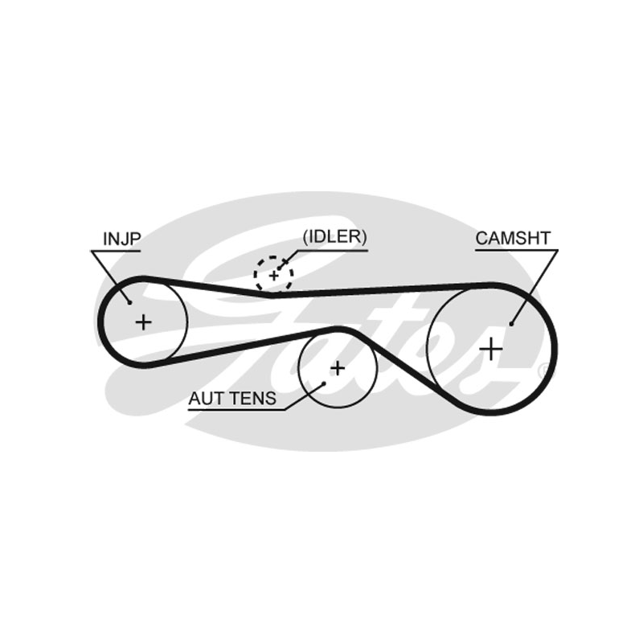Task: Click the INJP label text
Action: pos(122,239)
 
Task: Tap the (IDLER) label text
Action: pos(334,236)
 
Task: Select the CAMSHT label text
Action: pos(513,238)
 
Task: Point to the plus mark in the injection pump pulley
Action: pos(143,322)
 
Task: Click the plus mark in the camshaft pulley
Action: pos(491,350)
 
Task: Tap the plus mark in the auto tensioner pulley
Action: pos(338,368)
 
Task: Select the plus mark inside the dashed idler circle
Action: pos(273,276)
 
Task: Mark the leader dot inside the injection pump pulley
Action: pos(129,303)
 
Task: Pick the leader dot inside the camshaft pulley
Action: pos(511,324)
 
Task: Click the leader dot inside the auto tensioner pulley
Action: pos(324,383)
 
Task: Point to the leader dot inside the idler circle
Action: pos(280,268)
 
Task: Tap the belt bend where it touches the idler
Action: pos(272,294)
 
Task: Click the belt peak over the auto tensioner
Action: pos(339,329)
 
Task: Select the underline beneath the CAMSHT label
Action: pos(517,249)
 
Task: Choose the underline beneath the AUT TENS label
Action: pos(237,409)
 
